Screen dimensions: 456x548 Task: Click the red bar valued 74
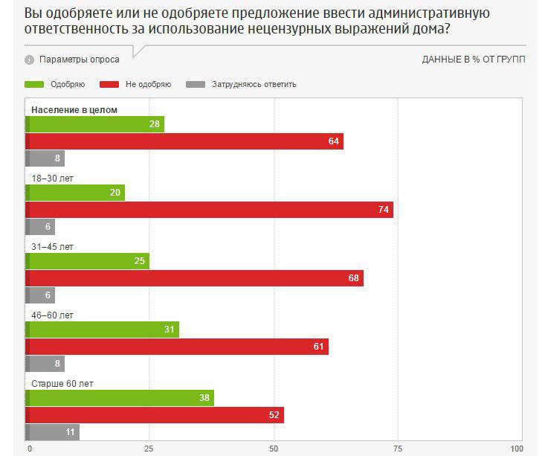coord(209,210)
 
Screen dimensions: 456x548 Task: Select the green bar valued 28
coord(94,124)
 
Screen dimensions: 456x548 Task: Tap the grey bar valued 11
coord(52,432)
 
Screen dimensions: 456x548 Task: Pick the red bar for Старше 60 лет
coord(155,415)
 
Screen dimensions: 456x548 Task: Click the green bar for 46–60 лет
coord(102,330)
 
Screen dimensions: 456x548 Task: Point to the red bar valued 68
coord(194,278)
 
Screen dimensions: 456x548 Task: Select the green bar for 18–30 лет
coord(75,193)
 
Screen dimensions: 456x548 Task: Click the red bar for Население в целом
coord(184,141)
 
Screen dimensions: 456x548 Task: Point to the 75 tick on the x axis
coord(397,449)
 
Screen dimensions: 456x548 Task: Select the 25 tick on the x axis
coord(149,449)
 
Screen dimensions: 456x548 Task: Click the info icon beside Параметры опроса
coord(30,60)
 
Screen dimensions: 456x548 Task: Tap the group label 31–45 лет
coord(52,246)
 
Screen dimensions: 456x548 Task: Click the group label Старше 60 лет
coord(62,384)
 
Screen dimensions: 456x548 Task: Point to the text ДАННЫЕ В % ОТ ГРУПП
coord(474,60)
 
